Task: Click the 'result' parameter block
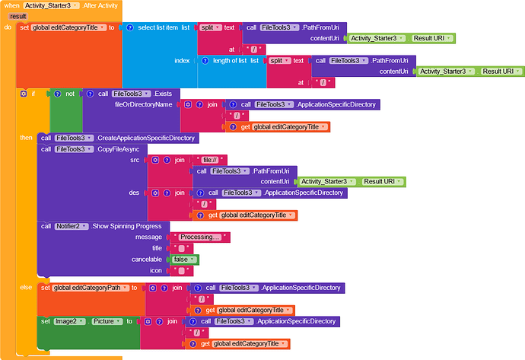(18, 16)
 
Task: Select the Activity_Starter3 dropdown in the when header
(51, 5)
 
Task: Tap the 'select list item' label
(157, 27)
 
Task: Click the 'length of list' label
(230, 61)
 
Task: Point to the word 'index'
(182, 61)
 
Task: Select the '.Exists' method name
(162, 94)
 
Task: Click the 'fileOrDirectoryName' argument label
(143, 104)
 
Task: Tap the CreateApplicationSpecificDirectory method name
(145, 138)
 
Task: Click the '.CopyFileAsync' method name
(117, 149)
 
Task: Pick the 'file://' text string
(210, 160)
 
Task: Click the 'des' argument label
(134, 193)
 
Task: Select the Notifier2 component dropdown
(72, 226)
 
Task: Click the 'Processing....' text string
(200, 237)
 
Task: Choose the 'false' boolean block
(184, 260)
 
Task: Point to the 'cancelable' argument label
(147, 260)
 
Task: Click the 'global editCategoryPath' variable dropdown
(91, 288)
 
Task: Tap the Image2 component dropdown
(70, 321)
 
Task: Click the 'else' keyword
(26, 288)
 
